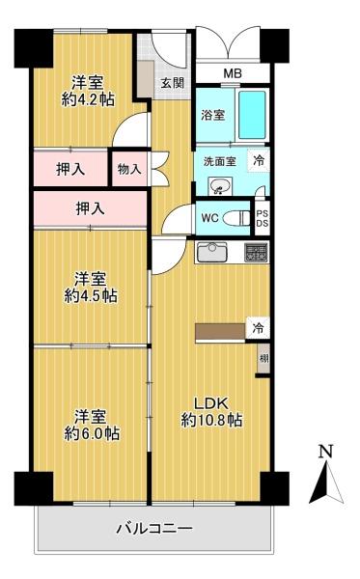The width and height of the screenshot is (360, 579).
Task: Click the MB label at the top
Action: coord(233,72)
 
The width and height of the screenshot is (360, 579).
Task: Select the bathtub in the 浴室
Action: coord(252,116)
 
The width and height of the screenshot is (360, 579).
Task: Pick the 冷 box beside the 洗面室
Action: coord(259,161)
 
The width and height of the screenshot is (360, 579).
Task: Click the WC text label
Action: coord(209,218)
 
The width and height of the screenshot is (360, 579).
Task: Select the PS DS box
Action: coord(262,217)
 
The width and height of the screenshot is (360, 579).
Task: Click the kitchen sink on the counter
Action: coord(211,254)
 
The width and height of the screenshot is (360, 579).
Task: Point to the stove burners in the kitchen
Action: coord(255,254)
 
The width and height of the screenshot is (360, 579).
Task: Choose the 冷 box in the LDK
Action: coord(259,328)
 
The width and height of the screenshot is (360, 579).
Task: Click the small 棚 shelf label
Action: coord(263,359)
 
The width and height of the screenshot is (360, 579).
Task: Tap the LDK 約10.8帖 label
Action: coord(211,410)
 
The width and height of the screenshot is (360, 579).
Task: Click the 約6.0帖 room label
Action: coord(92,426)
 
